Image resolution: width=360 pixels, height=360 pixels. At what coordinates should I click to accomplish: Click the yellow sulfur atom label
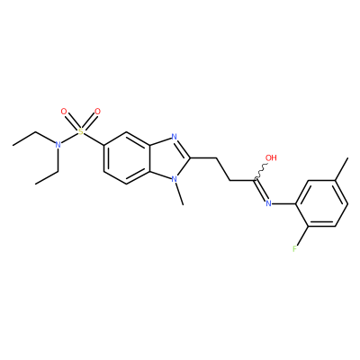pos(80,131)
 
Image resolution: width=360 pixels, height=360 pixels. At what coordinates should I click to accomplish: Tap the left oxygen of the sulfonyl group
pos(64,112)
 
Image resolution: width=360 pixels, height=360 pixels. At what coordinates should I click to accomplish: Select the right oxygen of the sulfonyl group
pos(97,112)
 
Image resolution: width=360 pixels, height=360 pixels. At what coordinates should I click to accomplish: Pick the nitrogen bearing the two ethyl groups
pos(58,145)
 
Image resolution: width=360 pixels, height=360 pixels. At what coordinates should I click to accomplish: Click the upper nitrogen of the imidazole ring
pos(174,137)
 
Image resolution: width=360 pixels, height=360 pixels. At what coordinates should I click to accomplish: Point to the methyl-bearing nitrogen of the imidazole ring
pos(174,179)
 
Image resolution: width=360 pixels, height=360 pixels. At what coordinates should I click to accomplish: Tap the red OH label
pos(271,157)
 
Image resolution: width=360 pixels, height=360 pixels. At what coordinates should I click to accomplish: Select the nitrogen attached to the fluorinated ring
pos(268,203)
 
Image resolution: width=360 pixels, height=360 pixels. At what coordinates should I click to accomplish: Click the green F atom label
pos(295,249)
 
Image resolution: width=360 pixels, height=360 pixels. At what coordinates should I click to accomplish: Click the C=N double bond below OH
pos(260,190)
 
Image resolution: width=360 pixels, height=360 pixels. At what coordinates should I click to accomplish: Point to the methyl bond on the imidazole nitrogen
pos(179,194)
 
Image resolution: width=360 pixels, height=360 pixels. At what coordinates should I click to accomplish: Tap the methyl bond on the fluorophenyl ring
pos(341,169)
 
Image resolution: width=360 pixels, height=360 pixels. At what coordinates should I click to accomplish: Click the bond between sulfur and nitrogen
pos(69,138)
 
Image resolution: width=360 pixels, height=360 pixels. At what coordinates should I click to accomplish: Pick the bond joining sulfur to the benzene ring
pos(94,139)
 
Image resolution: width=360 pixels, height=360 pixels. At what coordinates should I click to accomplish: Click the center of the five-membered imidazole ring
pos(170,158)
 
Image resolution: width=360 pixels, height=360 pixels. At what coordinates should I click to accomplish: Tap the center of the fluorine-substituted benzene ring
pos(321,203)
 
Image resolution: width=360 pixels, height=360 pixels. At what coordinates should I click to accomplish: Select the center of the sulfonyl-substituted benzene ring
pos(127,158)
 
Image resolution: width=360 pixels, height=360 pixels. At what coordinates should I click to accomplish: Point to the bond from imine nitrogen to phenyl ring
pos(283,203)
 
